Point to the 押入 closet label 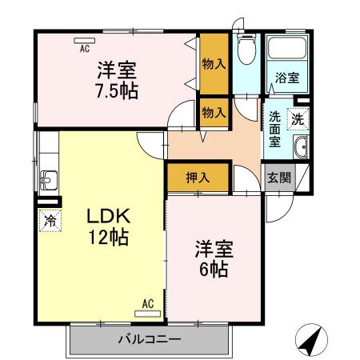pyautogui.click(x=198, y=178)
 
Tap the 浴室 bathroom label pyautogui.click(x=286, y=78)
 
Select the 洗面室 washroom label pyautogui.click(x=274, y=127)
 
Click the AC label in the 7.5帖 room pyautogui.click(x=83, y=48)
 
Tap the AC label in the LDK pyautogui.click(x=148, y=304)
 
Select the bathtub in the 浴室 pyautogui.click(x=286, y=50)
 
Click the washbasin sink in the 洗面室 pyautogui.click(x=302, y=147)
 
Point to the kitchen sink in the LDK pyautogui.click(x=47, y=178)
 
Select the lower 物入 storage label pyautogui.click(x=214, y=111)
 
